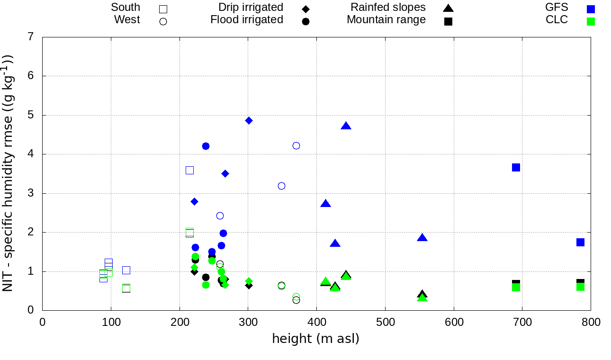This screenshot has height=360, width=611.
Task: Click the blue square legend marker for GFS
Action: [x=591, y=9]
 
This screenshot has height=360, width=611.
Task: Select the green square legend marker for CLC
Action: [x=591, y=21]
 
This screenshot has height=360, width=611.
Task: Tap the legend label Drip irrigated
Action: [x=251, y=8]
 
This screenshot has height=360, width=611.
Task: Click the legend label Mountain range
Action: [x=386, y=20]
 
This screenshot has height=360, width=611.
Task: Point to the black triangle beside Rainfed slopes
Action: [x=448, y=8]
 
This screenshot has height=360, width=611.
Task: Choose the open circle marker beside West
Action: [x=163, y=21]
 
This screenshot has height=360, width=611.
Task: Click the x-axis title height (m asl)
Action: [x=315, y=339]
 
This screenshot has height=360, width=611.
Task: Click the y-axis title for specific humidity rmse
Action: [x=8, y=172]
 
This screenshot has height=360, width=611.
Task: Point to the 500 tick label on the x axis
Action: [x=385, y=323]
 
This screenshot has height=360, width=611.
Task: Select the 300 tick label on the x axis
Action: [x=248, y=323]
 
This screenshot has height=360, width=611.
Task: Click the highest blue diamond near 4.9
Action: [x=249, y=120]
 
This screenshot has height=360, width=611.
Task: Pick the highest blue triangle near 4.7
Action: [x=346, y=126]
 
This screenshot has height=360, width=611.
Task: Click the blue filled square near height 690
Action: [x=516, y=167]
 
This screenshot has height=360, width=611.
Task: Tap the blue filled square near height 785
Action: [x=580, y=242]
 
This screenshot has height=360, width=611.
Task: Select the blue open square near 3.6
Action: [x=189, y=170]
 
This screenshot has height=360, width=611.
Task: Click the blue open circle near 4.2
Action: [x=296, y=145]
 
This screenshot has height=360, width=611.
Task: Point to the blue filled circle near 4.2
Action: [x=206, y=146]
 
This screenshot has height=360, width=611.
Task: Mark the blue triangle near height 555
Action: [x=422, y=238]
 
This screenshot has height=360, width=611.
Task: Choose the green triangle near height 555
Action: [x=422, y=297]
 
